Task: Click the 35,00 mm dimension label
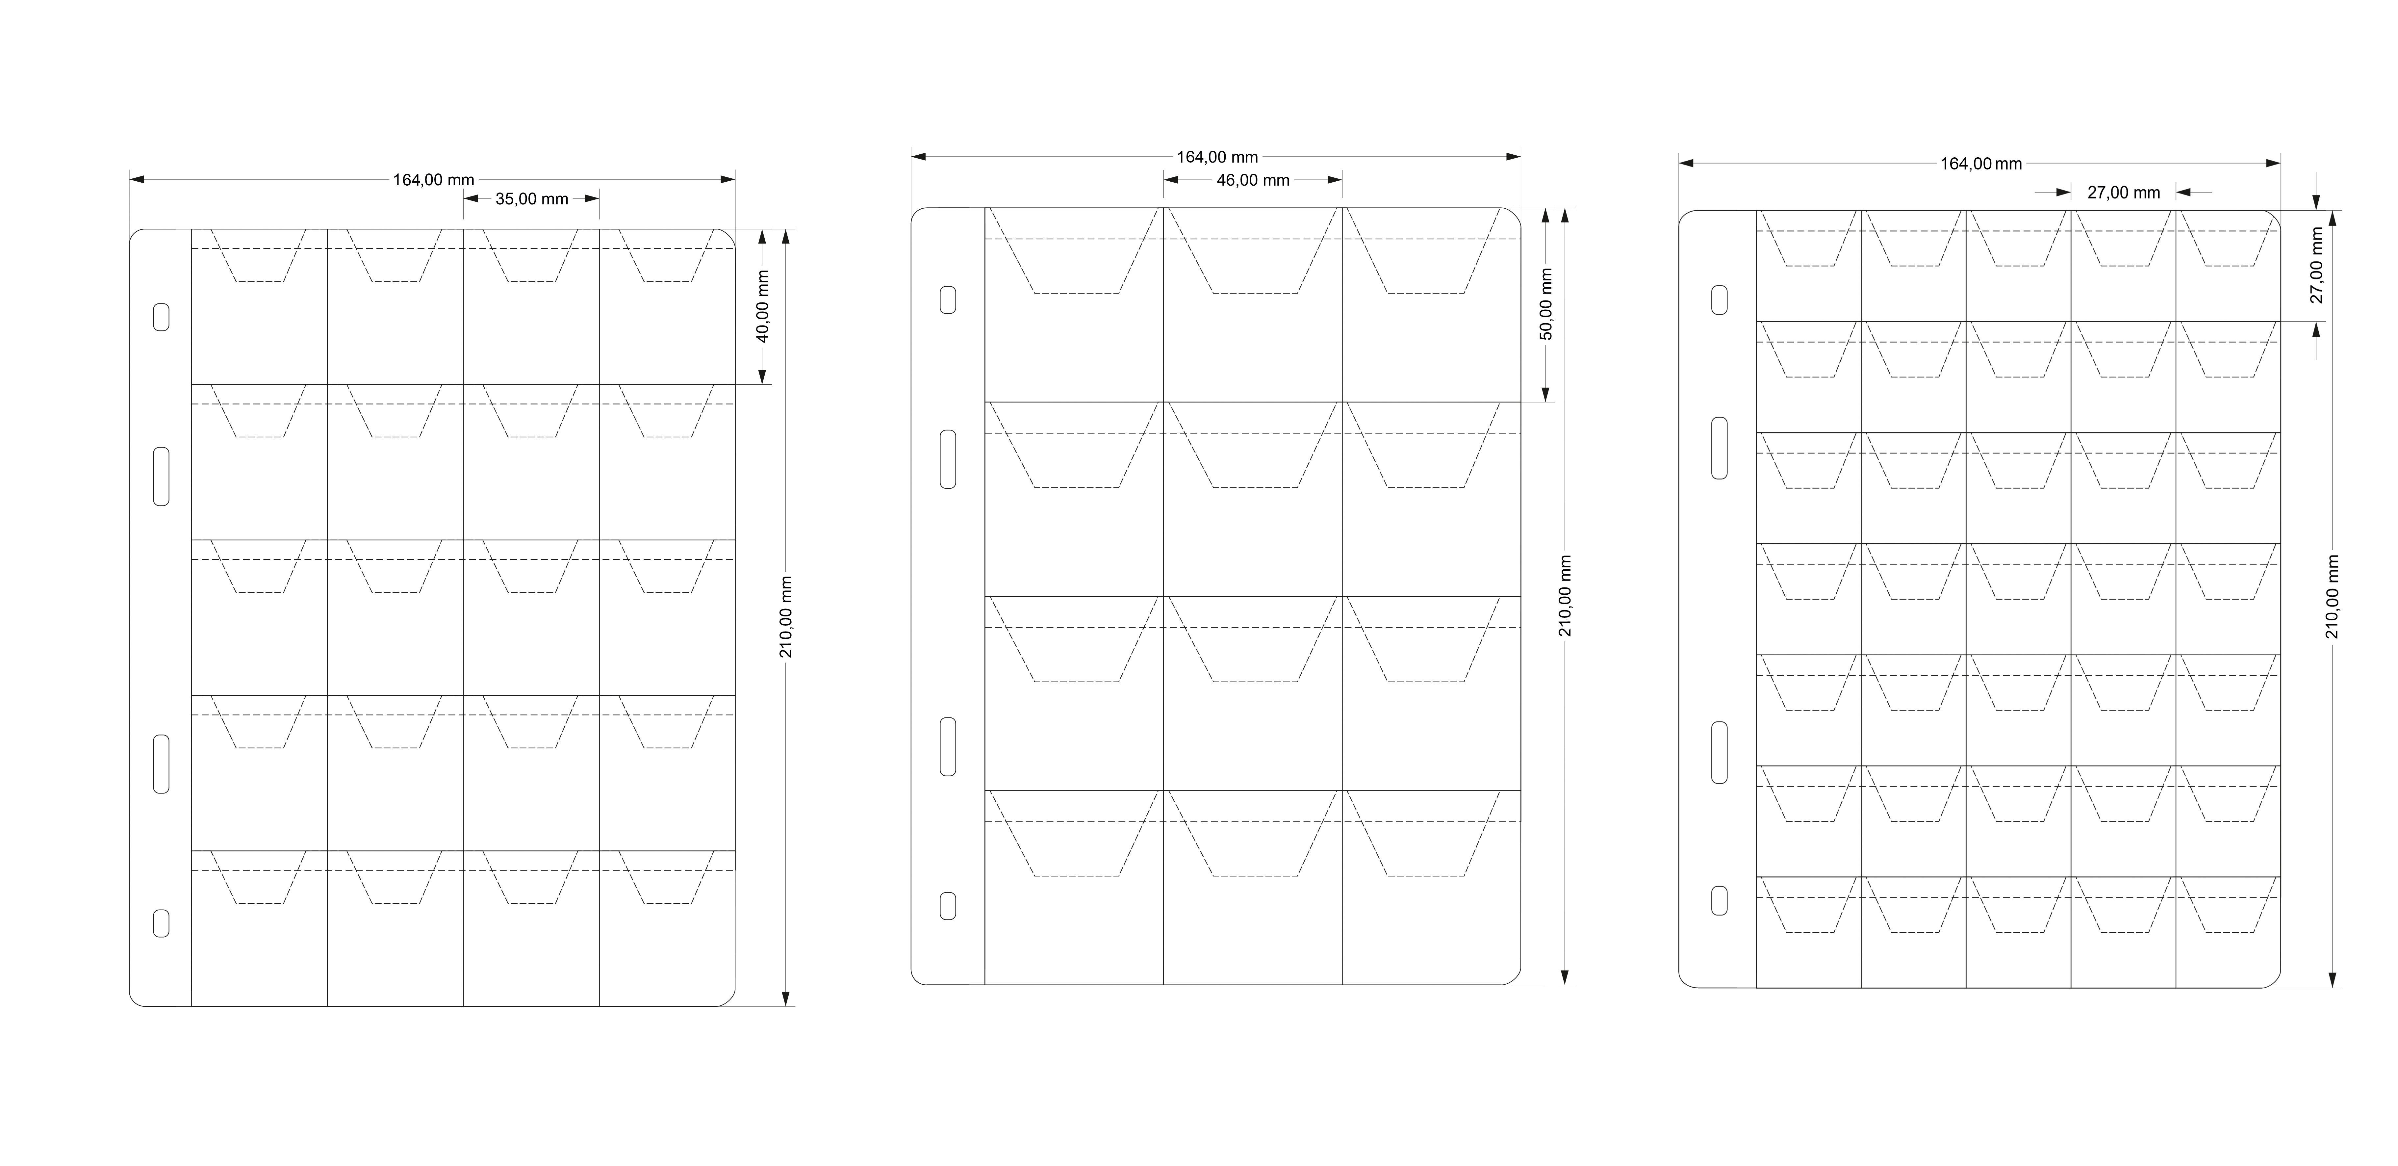531,198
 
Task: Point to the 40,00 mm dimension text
762,306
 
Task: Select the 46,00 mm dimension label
1253,180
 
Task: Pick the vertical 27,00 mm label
2317,266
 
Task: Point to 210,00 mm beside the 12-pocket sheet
1565,596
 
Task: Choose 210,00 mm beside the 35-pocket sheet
2332,597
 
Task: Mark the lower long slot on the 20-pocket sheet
161,764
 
